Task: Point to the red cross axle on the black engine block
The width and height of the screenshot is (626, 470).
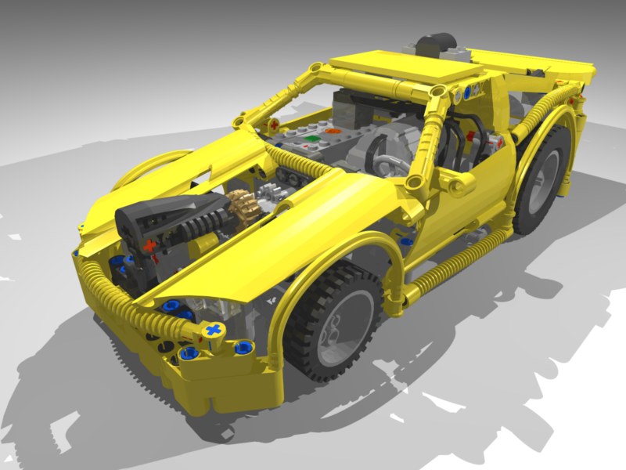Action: coord(149,244)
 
